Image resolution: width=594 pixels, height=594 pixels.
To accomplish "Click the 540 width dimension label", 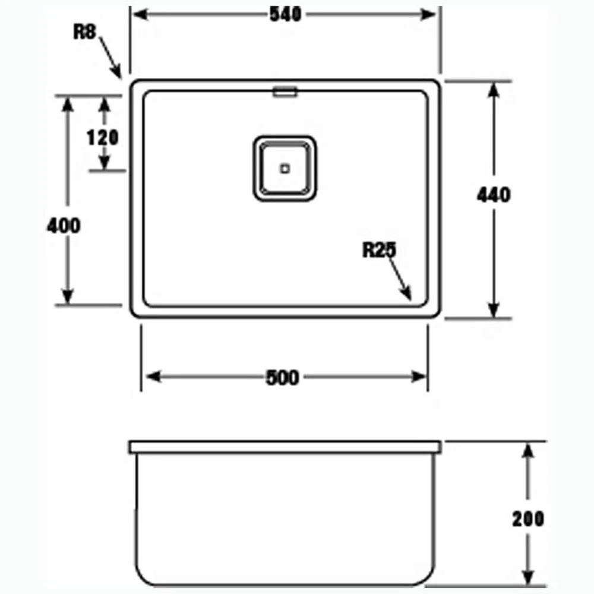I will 286,14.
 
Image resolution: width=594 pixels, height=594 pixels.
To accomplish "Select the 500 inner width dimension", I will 283,377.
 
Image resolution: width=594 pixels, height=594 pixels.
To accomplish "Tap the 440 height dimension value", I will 494,194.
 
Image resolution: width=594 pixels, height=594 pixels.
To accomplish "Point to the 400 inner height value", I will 64,226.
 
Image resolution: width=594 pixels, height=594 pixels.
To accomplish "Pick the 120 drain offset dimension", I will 103,138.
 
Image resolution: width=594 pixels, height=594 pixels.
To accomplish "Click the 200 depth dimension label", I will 528,519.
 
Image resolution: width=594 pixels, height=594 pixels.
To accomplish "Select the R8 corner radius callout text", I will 84,32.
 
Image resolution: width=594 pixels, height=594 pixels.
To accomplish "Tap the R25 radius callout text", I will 378,251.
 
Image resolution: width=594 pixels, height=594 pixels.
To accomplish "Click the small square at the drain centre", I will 285,169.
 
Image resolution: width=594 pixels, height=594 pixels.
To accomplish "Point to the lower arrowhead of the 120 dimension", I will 105,163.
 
